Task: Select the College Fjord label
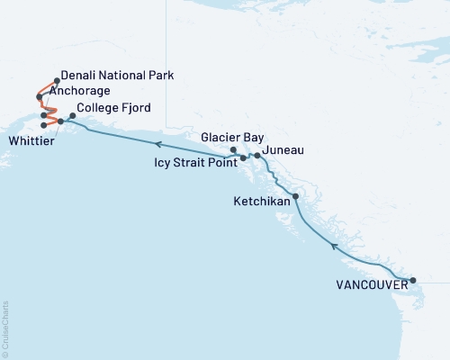[108, 108]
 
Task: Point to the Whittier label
[30, 140]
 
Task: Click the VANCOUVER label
[370, 286]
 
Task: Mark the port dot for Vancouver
[413, 281]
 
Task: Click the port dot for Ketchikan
[295, 195]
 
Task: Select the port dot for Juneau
[257, 156]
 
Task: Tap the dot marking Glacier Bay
[233, 149]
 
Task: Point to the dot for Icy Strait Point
[243, 158]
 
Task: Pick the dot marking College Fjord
[73, 115]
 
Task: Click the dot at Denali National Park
[57, 80]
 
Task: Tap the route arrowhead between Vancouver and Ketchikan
[335, 246]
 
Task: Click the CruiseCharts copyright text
[4, 328]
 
